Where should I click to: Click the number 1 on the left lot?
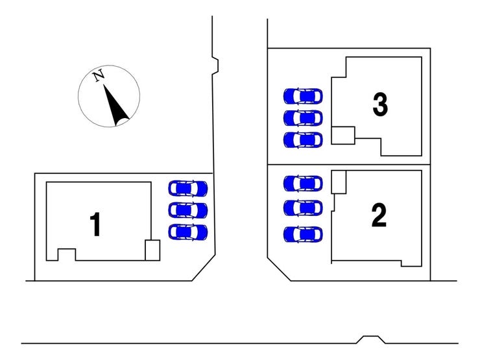[96, 224]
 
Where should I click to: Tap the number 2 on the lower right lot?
[379, 215]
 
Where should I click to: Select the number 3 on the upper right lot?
[380, 104]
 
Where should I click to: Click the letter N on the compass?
[99, 76]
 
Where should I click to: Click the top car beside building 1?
[188, 188]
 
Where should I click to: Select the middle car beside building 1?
[188, 210]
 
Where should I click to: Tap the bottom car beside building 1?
[188, 232]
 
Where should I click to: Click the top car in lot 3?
[303, 96]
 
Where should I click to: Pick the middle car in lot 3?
[303, 118]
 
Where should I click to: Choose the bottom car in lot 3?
[303, 140]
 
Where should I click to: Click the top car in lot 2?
[303, 184]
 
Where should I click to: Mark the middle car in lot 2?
[303, 208]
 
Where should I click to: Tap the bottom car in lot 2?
[303, 235]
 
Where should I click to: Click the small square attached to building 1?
[152, 250]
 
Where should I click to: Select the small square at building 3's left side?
[343, 136]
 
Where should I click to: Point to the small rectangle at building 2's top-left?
[339, 182]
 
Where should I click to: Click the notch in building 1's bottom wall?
[67, 255]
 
